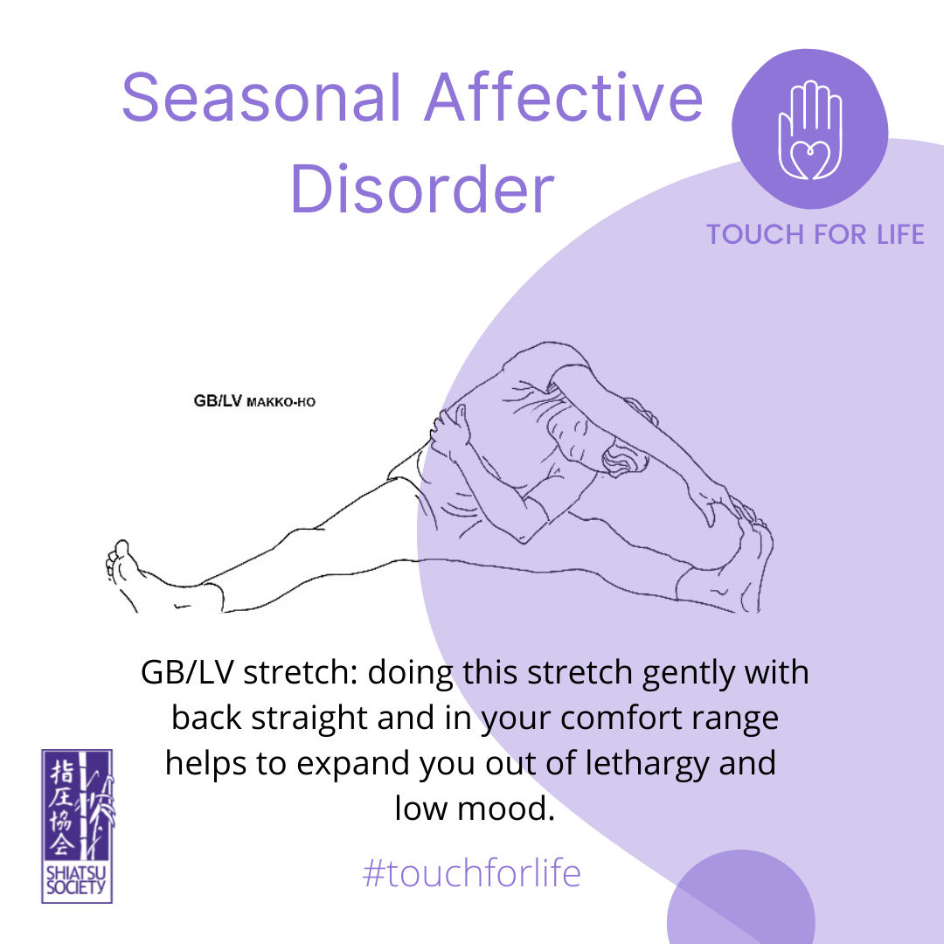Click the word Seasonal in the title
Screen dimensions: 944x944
click(261, 98)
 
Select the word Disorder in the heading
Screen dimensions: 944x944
click(422, 188)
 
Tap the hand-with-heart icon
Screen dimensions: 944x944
click(809, 130)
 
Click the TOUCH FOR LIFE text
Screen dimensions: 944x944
click(816, 234)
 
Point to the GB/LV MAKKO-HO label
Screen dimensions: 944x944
click(254, 401)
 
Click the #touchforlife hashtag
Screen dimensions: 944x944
click(471, 873)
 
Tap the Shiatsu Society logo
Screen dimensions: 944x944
click(77, 826)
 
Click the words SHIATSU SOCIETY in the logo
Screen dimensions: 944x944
click(76, 880)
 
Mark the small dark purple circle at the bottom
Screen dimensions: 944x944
click(740, 897)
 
